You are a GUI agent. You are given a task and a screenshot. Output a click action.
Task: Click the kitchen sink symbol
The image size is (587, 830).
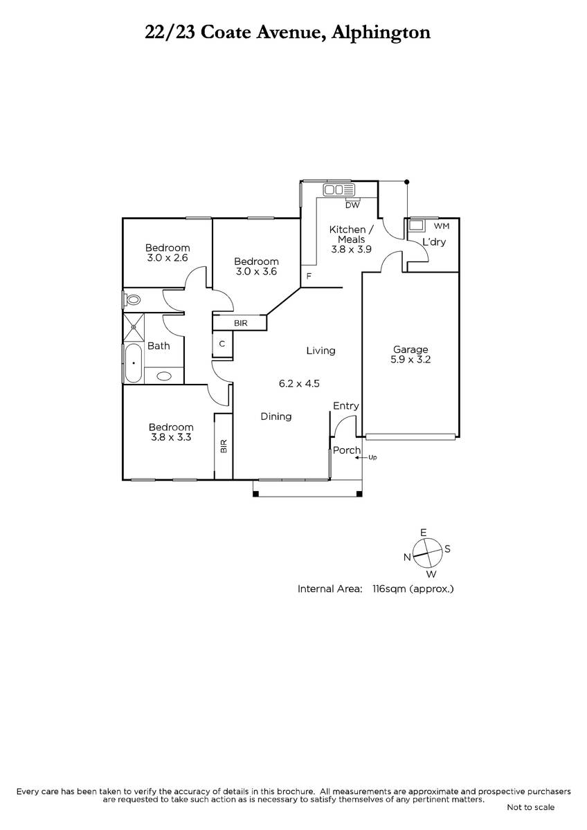click(x=339, y=190)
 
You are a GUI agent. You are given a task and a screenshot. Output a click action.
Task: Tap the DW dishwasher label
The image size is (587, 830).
click(x=352, y=205)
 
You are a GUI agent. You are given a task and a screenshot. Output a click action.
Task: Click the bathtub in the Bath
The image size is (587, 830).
click(x=134, y=363)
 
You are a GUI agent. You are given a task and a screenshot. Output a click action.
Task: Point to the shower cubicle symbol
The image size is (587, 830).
click(x=134, y=326)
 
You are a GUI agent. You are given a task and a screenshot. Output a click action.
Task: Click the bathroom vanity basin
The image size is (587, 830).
click(x=164, y=376)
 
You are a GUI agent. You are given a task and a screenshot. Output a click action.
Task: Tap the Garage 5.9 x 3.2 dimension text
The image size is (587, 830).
click(x=410, y=360)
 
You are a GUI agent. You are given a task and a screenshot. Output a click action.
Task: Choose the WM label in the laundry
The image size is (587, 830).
click(x=441, y=225)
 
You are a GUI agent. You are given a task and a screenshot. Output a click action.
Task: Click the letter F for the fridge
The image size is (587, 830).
click(x=309, y=276)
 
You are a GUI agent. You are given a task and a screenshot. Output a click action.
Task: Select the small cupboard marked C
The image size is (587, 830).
click(x=222, y=344)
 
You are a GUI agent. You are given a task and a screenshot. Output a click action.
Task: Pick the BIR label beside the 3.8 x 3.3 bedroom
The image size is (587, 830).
click(x=224, y=446)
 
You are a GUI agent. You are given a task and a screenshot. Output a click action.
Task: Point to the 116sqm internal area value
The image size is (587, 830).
click(x=389, y=589)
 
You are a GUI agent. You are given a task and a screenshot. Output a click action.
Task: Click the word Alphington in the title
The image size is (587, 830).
click(x=381, y=33)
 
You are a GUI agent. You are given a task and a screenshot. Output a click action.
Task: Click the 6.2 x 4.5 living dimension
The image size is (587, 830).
click(x=299, y=383)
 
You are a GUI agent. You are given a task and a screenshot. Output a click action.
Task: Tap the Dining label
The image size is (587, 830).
click(x=276, y=416)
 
